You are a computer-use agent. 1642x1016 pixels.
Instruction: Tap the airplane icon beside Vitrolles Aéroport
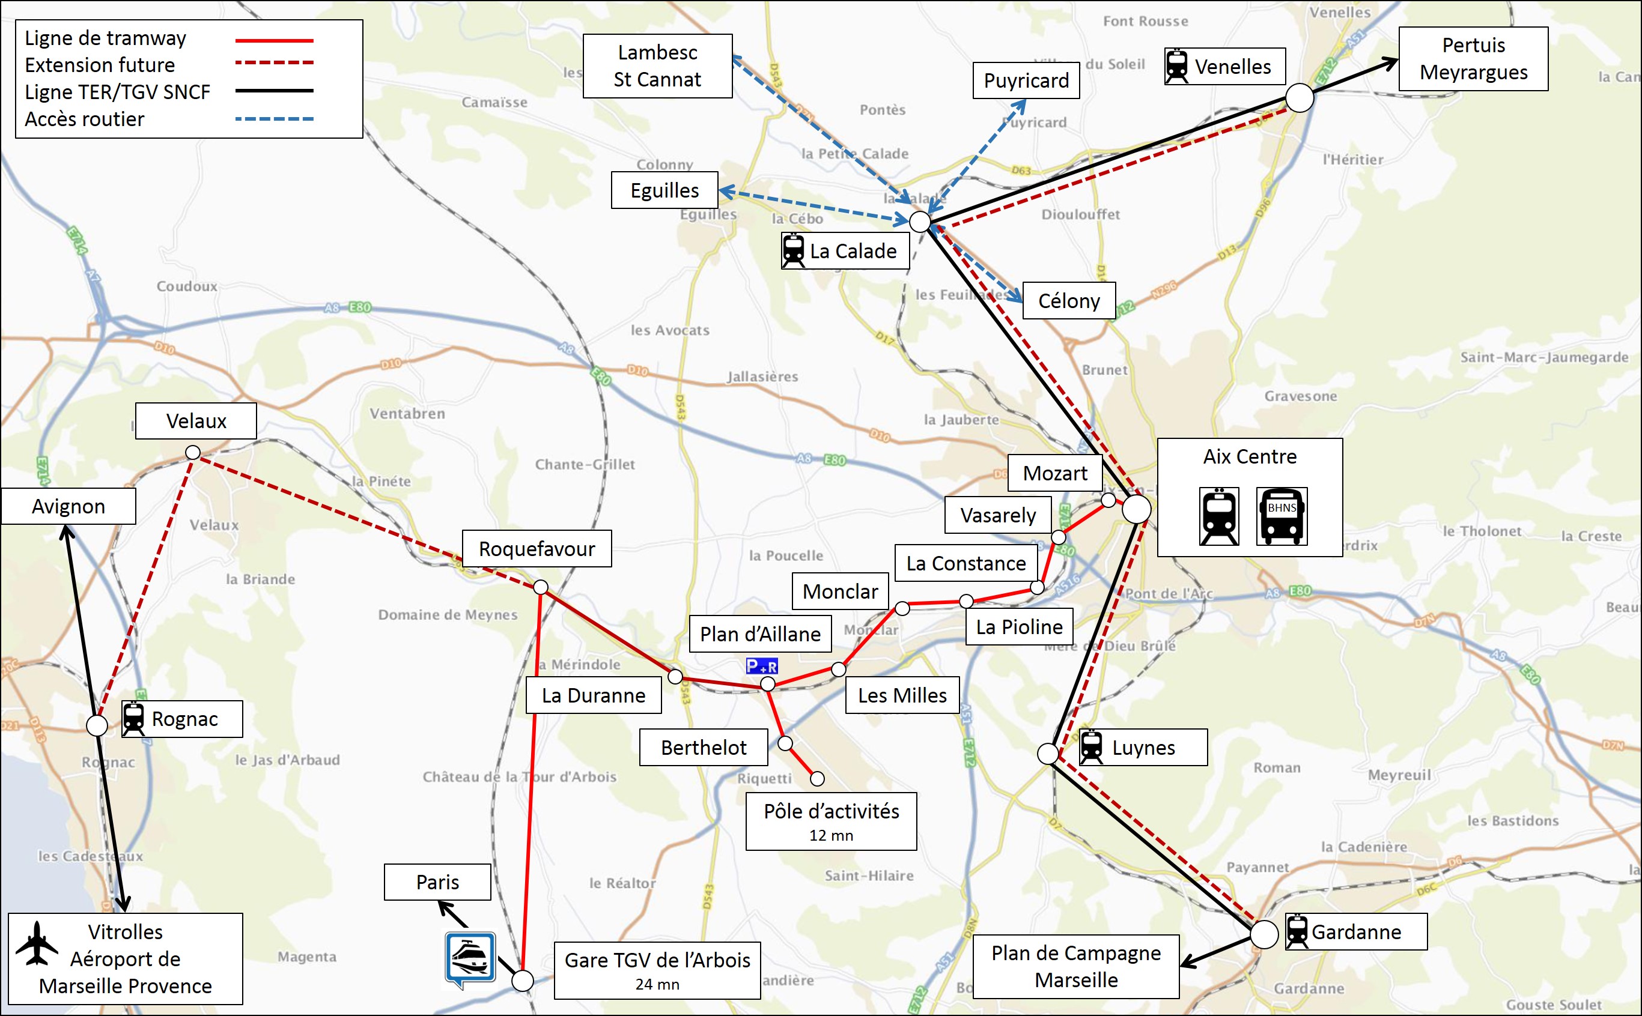pyautogui.click(x=37, y=943)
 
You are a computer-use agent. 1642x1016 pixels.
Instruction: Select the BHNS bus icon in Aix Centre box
pyautogui.click(x=1281, y=516)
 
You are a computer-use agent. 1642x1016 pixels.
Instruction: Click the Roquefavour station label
pyautogui.click(x=537, y=549)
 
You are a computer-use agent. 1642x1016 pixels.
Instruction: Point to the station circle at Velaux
pyautogui.click(x=193, y=453)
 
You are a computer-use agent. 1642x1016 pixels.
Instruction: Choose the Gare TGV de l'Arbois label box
pyautogui.click(x=657, y=970)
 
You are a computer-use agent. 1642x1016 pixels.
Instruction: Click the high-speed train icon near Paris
pyautogui.click(x=470, y=958)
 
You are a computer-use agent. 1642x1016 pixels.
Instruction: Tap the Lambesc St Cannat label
pyautogui.click(x=657, y=66)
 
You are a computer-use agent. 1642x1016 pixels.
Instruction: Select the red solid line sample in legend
pyautogui.click(x=274, y=41)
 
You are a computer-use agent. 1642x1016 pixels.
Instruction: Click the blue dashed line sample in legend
pyautogui.click(x=274, y=119)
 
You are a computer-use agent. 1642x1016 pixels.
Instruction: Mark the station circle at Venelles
pyautogui.click(x=1299, y=98)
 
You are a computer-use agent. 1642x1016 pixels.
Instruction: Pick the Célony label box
pyautogui.click(x=1068, y=301)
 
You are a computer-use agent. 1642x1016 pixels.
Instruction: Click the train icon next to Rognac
pyautogui.click(x=133, y=719)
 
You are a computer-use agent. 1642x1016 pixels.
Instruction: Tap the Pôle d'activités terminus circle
pyautogui.click(x=816, y=779)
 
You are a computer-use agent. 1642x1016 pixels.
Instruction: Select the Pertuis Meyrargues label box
pyautogui.click(x=1473, y=59)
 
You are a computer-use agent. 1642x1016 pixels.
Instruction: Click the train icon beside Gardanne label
pyautogui.click(x=1297, y=931)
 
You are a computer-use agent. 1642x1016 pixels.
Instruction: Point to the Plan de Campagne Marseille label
pyautogui.click(x=1075, y=966)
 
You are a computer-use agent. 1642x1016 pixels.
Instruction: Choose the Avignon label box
pyautogui.click(x=68, y=506)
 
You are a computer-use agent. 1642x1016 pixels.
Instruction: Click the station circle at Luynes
pyautogui.click(x=1047, y=754)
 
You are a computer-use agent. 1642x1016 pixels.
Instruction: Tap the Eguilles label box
pyautogui.click(x=664, y=190)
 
